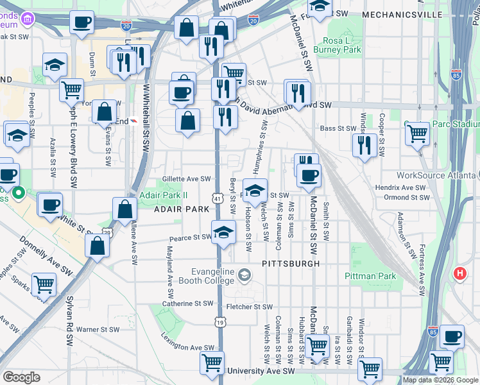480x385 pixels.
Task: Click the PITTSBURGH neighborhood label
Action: (x=290, y=264)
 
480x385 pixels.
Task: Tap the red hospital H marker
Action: (x=459, y=273)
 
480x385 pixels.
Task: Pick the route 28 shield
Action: (x=107, y=232)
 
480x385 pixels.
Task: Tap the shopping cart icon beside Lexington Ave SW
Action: (x=212, y=363)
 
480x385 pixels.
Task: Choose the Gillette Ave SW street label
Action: (x=186, y=179)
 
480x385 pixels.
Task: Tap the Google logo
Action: (x=21, y=377)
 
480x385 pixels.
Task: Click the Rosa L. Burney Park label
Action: (x=342, y=44)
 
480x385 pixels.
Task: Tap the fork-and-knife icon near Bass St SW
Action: (x=364, y=145)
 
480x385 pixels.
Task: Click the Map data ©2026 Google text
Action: (x=440, y=380)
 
